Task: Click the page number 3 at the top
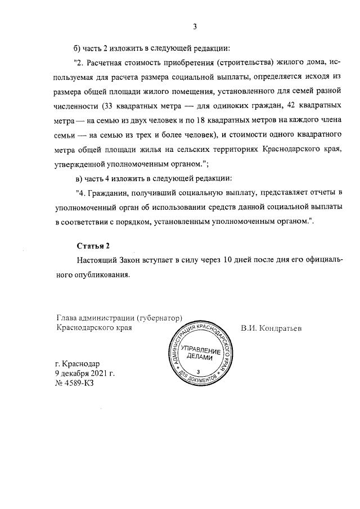tap(195, 26)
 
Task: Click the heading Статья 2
tap(94, 246)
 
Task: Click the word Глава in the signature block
tap(67, 317)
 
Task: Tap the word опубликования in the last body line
tap(102, 275)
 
